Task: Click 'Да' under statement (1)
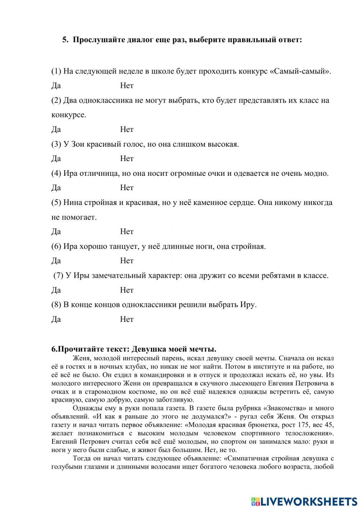pyautogui.click(x=56, y=86)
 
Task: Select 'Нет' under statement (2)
pyautogui.click(x=127, y=129)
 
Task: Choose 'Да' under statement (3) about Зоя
pyautogui.click(x=56, y=158)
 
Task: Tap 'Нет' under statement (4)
pyautogui.click(x=127, y=188)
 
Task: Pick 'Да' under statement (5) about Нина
pyautogui.click(x=56, y=232)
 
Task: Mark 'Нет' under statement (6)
pyautogui.click(x=127, y=261)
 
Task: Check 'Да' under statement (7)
pyautogui.click(x=56, y=290)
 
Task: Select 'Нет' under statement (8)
pyautogui.click(x=127, y=319)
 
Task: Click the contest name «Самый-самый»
pyautogui.click(x=300, y=71)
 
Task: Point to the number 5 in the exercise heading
pyautogui.click(x=64, y=40)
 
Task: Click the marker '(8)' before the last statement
pyautogui.click(x=56, y=304)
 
